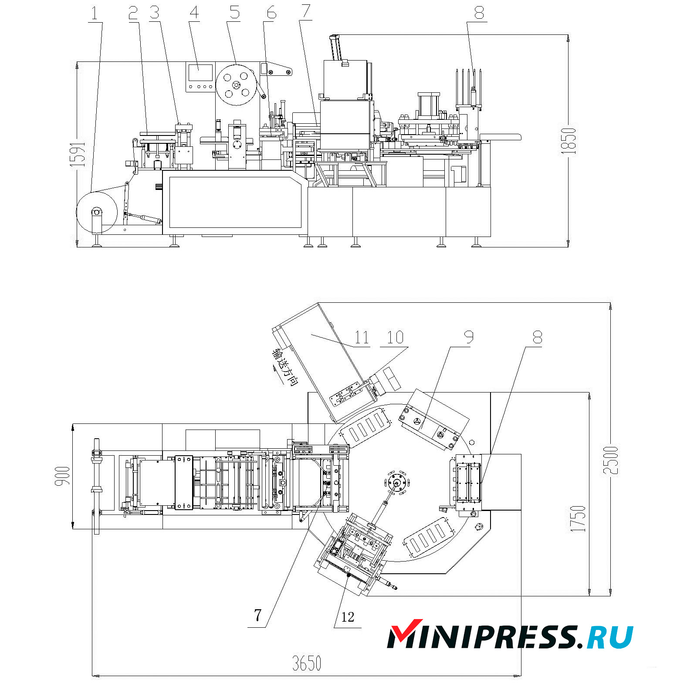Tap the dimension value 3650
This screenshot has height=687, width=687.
(306, 663)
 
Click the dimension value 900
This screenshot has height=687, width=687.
(63, 476)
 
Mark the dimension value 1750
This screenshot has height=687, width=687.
(578, 518)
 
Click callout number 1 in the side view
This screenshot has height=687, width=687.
(95, 14)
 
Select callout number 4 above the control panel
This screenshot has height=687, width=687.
(194, 13)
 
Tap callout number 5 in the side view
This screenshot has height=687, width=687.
(235, 13)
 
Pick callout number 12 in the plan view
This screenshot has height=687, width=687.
(348, 617)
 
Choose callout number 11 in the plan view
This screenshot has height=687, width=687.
(362, 337)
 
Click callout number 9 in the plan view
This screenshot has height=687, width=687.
(468, 336)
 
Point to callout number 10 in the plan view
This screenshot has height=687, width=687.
(395, 337)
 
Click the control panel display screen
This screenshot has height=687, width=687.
(200, 73)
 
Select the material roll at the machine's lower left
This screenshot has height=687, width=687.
(97, 213)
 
